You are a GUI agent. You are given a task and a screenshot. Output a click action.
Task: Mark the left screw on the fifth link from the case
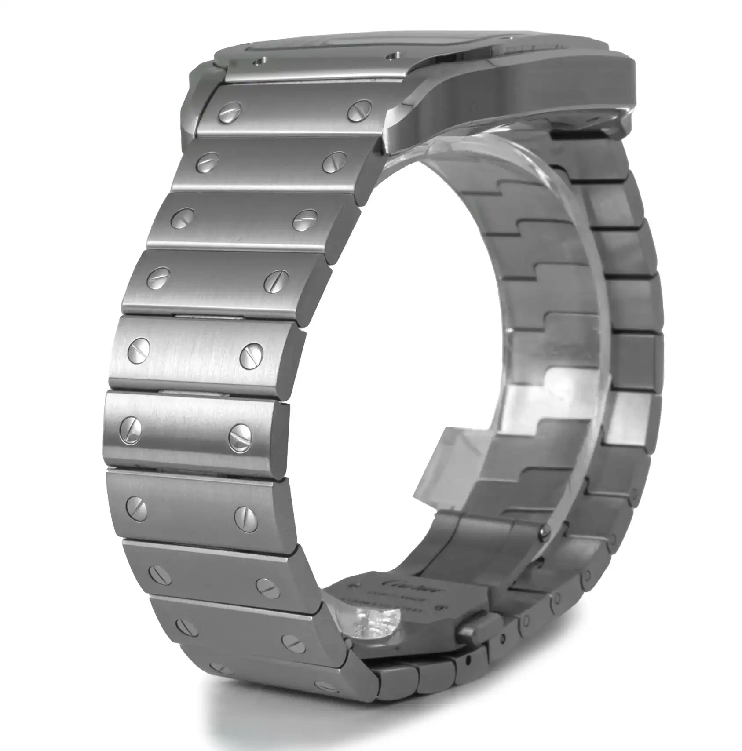tap(138, 351)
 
